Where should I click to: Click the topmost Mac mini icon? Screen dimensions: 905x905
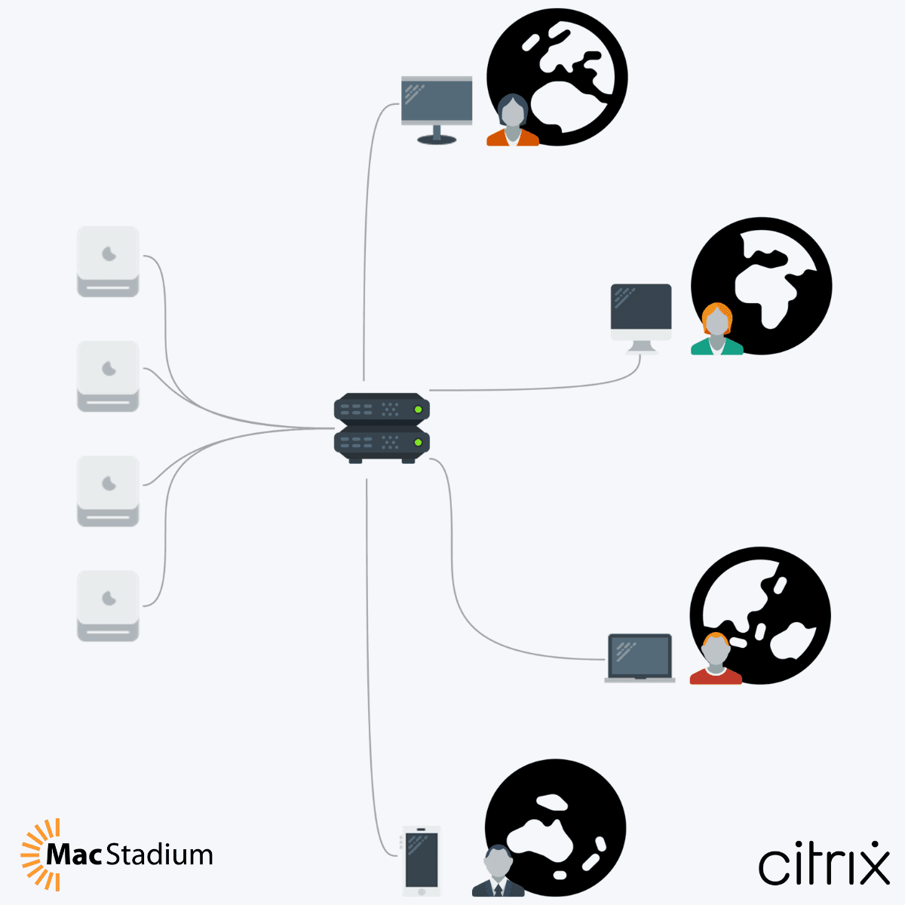pos(108,261)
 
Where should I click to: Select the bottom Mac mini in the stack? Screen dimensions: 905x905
pos(108,606)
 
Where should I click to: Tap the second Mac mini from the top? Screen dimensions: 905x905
pos(108,376)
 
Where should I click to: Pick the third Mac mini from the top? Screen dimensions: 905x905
pos(108,490)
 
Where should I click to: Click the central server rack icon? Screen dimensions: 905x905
pos(382,428)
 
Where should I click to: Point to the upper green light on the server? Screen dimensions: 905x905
pos(418,410)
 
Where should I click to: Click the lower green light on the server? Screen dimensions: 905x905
pos(418,442)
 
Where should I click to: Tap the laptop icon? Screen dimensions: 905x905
pos(640,658)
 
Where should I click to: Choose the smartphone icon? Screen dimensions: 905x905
pos(422,861)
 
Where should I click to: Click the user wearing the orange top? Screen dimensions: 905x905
pos(512,121)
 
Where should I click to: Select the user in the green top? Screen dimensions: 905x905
pos(716,330)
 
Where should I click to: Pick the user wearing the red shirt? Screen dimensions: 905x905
pos(715,659)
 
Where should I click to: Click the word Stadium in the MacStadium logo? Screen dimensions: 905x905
pos(159,855)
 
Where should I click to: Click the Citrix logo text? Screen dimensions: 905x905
pos(824,864)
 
